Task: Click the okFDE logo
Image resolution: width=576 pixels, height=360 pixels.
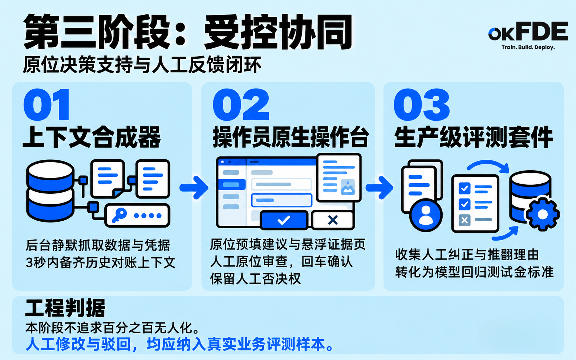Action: click(x=528, y=32)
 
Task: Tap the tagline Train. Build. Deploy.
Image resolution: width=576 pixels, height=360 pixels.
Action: click(x=528, y=47)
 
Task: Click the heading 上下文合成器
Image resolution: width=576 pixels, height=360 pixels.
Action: click(x=92, y=137)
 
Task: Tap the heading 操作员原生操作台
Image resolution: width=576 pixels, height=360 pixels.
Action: click(x=291, y=137)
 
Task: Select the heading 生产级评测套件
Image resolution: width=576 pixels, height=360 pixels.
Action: click(x=474, y=137)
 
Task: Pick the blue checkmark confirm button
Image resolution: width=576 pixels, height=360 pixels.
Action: click(x=284, y=220)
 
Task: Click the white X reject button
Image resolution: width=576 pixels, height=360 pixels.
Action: click(x=333, y=220)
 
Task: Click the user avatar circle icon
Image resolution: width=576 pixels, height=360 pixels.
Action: click(x=426, y=215)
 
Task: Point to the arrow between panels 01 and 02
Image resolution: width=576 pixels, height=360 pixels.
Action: click(x=194, y=188)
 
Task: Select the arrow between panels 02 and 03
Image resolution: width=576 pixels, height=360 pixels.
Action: click(x=379, y=188)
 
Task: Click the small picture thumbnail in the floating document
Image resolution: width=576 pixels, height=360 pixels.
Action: click(x=348, y=187)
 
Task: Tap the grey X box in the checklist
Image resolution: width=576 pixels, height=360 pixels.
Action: click(x=465, y=220)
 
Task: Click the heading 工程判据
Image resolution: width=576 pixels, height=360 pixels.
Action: click(x=65, y=308)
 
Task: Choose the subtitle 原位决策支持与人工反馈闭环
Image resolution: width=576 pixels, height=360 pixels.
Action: click(x=142, y=65)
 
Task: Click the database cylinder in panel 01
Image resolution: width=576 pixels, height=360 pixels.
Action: click(x=50, y=191)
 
